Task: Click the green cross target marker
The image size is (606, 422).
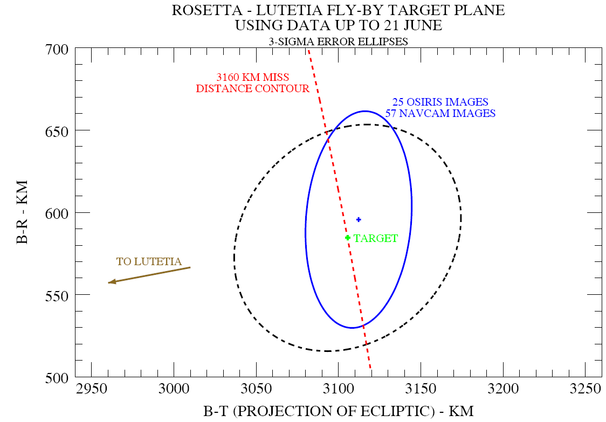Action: click(x=348, y=238)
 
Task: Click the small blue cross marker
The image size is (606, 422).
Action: click(x=359, y=219)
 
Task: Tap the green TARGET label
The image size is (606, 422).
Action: click(x=376, y=238)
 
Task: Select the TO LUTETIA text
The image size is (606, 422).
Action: click(x=149, y=262)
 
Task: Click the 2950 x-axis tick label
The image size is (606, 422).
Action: click(x=92, y=388)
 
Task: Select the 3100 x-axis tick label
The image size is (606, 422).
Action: click(x=339, y=388)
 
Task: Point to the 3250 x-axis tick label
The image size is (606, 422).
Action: click(x=585, y=388)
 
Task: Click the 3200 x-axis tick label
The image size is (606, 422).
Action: click(x=503, y=388)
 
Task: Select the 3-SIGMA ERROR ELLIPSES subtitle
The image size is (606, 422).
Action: click(x=338, y=41)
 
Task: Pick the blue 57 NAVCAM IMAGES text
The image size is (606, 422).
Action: click(x=440, y=113)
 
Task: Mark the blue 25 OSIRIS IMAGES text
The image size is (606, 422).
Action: click(x=440, y=102)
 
